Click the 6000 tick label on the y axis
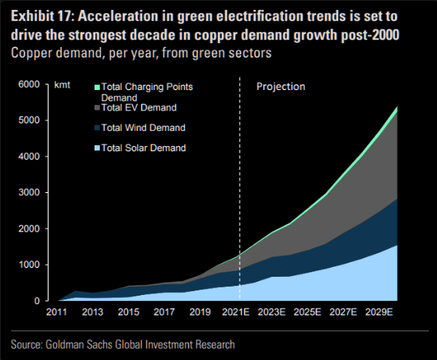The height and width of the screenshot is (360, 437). click(x=29, y=84)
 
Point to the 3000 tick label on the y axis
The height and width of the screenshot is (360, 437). click(x=29, y=192)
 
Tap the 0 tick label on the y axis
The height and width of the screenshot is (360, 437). click(x=37, y=300)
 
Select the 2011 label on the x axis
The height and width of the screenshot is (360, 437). click(x=57, y=312)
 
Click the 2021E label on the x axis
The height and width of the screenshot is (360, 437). click(x=236, y=312)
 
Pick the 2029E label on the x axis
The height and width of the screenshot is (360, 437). click(x=379, y=312)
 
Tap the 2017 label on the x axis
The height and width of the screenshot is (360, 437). click(x=164, y=312)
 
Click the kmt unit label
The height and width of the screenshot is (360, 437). click(x=62, y=85)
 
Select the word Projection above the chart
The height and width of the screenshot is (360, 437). click(x=280, y=86)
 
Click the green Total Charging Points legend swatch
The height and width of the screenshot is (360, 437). click(x=98, y=87)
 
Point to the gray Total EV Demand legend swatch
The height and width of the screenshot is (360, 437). click(x=98, y=108)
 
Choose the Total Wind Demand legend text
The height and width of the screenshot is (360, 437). click(x=143, y=128)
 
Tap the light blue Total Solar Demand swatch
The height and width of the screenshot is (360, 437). click(x=98, y=148)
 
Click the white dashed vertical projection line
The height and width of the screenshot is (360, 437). click(x=240, y=188)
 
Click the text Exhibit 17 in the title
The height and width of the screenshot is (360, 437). click(x=42, y=17)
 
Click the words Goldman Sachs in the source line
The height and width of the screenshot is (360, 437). click(x=79, y=345)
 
